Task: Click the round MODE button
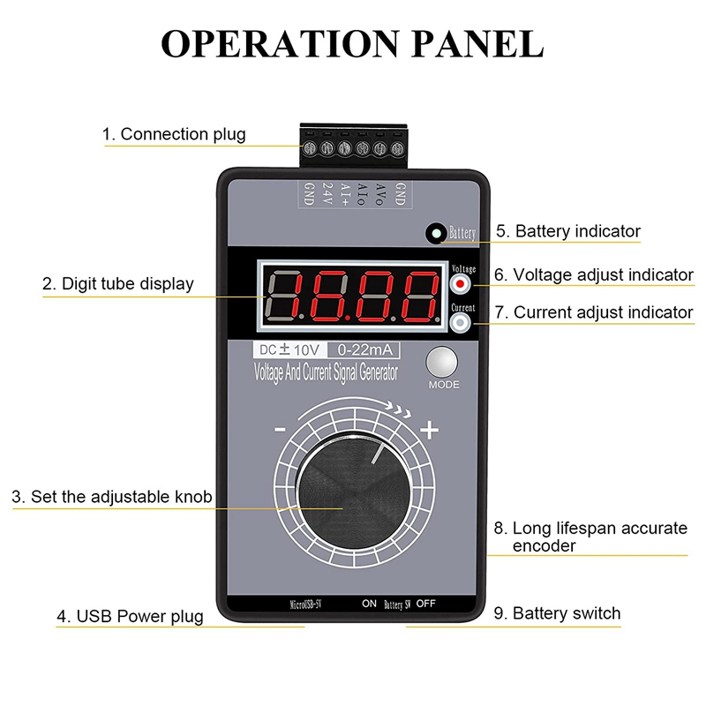(x=444, y=363)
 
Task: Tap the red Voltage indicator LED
(x=461, y=283)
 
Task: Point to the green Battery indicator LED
(x=436, y=234)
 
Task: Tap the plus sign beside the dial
(x=430, y=431)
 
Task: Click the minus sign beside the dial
(x=280, y=431)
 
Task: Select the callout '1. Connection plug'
(x=174, y=135)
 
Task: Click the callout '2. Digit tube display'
(x=117, y=284)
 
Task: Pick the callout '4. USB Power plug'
(x=130, y=616)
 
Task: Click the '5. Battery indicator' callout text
(x=567, y=231)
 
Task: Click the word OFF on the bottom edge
(x=427, y=605)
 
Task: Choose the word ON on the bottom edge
(x=369, y=605)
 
